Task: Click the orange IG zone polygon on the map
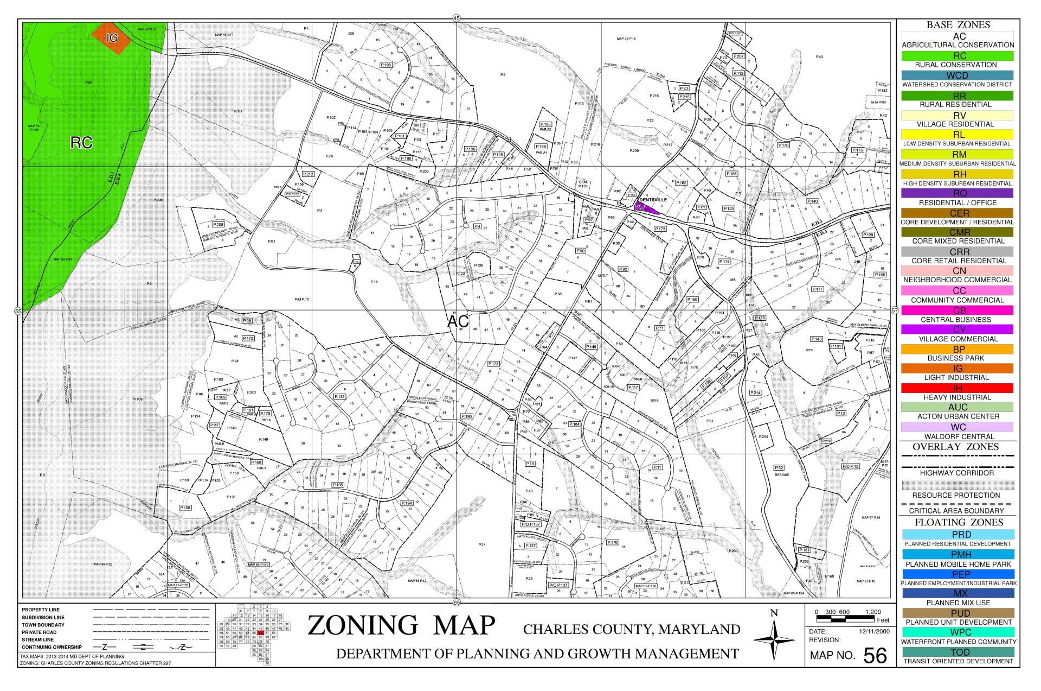coord(112,38)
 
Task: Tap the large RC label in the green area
coord(81,143)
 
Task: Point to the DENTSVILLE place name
coord(653,200)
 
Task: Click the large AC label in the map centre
coord(458,321)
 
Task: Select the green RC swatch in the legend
coord(958,56)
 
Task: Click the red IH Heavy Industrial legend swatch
coord(958,388)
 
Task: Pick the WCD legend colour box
coord(958,75)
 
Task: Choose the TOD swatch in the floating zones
coord(958,652)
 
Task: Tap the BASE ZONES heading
coord(958,25)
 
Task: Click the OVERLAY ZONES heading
coord(958,447)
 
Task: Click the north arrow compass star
coord(774,641)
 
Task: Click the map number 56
coord(875,656)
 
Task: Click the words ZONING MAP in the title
coord(401,625)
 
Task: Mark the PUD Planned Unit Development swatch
coord(958,613)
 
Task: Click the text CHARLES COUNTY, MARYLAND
coord(632,630)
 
